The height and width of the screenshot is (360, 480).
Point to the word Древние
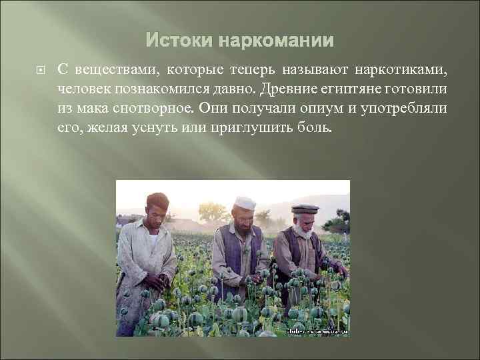click(289, 89)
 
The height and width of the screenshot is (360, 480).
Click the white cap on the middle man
click(245, 202)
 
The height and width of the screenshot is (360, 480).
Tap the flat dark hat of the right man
click(304, 209)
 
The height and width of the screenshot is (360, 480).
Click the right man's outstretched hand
click(342, 270)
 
